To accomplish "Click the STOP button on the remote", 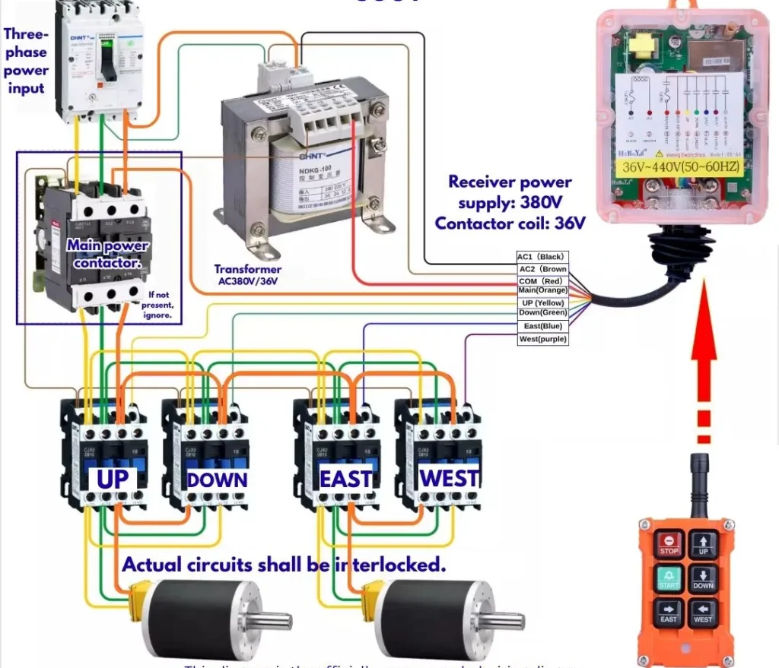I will pos(669,543).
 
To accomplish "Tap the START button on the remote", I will pos(669,579).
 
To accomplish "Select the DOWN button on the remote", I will pos(704,579).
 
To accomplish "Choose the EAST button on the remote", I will pos(669,614).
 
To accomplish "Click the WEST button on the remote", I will pos(704,614).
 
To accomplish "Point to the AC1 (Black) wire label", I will pos(542,257).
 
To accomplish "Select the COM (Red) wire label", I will pos(542,281).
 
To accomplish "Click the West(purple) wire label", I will pos(542,339).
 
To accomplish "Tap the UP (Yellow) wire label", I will pos(542,302).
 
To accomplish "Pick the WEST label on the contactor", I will pos(450,479).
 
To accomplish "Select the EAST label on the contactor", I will pos(346,480).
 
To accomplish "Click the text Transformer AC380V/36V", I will pos(247,275).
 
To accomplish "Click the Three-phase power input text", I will pos(26,61).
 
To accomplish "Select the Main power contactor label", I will pos(107,254).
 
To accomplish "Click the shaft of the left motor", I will pos(274,621).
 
